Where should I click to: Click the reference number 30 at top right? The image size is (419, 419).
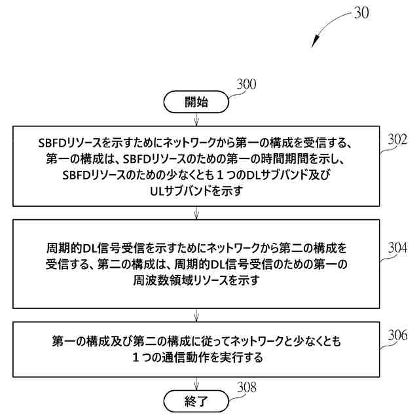tap(361, 12)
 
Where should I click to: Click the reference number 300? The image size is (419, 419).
tap(246, 84)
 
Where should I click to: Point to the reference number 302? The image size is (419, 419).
tap(397, 139)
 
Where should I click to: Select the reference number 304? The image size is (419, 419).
tap(397, 248)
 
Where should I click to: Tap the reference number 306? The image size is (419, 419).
tap(397, 336)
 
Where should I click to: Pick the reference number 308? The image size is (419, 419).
tap(246, 388)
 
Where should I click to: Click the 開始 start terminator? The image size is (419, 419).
tap(196, 101)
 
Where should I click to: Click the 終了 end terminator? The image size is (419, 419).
tap(196, 399)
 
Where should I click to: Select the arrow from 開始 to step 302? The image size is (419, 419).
tap(196, 119)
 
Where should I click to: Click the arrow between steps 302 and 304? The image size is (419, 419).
tap(196, 213)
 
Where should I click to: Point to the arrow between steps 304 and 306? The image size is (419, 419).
tap(196, 315)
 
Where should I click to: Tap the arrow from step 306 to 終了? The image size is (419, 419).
tap(196, 384)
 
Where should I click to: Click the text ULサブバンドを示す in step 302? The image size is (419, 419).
tap(196, 191)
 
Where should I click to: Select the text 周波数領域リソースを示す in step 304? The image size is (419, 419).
tap(196, 280)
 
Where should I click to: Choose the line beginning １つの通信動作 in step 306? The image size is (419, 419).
tap(196, 358)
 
